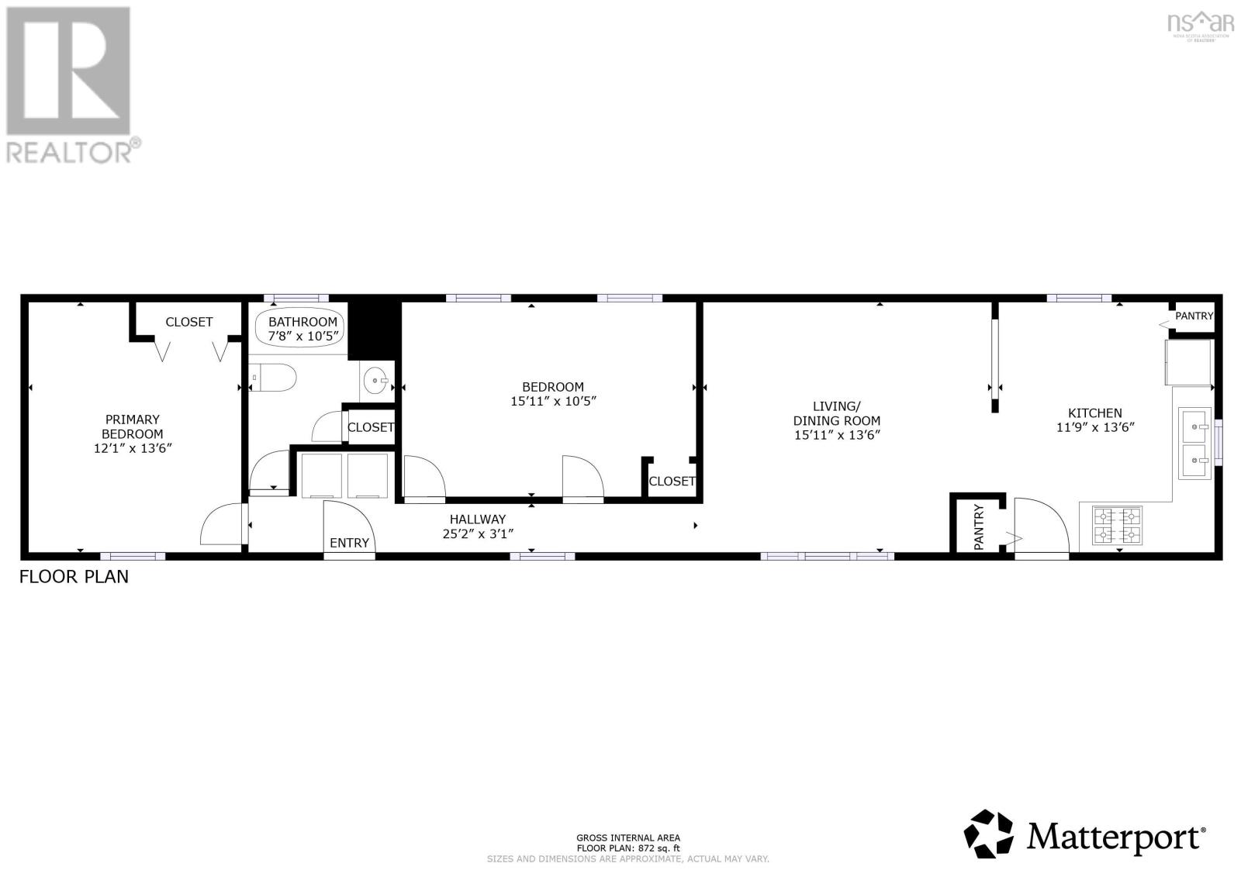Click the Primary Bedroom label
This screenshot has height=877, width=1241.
coord(133,426)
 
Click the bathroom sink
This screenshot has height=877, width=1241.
coord(377,381)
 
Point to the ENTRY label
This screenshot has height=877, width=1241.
coord(349,543)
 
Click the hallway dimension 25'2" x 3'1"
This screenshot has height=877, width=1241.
coord(477,533)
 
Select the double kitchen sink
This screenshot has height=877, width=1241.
coord(1194,444)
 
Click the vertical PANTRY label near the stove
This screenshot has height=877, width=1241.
coord(979,527)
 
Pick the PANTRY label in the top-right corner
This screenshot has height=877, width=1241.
coord(1194,316)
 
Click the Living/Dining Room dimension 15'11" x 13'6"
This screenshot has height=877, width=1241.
coord(837,435)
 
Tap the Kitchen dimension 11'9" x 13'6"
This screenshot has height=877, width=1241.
coord(1095,427)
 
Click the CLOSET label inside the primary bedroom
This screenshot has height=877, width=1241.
coord(188,322)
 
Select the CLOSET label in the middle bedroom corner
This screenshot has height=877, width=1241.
coord(672,481)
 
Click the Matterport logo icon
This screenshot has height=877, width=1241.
coord(989,834)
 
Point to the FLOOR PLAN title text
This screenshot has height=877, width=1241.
coord(74,577)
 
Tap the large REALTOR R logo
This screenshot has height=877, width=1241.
coord(67,71)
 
